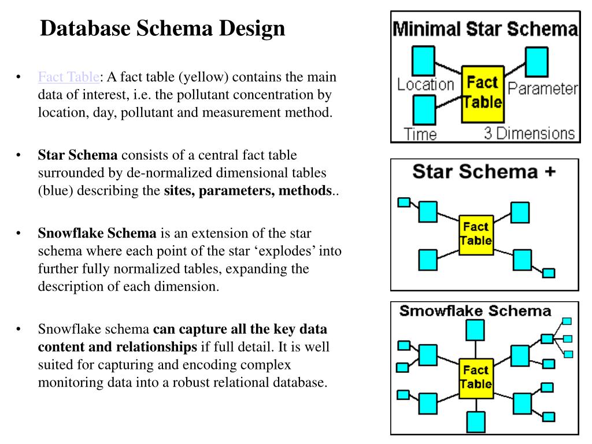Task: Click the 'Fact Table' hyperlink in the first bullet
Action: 69,77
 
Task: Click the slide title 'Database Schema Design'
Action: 162,28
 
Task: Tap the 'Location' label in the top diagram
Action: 425,84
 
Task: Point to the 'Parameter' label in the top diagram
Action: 542,88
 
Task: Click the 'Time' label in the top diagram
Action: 420,134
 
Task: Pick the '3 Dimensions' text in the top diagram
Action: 530,133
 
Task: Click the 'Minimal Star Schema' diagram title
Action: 485,29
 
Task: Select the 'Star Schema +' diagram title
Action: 483,172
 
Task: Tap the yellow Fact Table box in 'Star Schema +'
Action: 476,234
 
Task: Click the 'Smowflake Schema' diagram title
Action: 475,311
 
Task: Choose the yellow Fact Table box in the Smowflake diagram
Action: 476,377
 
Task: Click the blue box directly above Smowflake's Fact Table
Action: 475,331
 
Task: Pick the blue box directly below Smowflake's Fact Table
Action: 475,421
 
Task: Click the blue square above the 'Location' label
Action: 423,59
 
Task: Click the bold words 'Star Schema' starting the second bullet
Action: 77,155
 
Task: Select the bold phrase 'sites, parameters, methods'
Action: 247,191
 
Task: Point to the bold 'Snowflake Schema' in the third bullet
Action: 97,234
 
